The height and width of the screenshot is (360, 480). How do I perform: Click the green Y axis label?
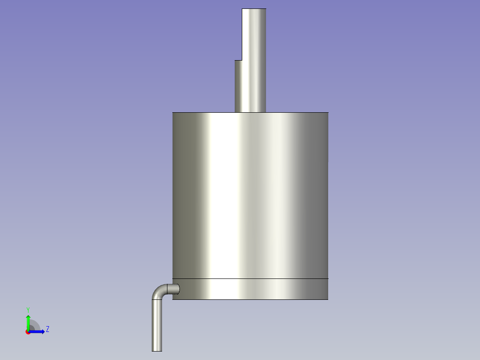28,309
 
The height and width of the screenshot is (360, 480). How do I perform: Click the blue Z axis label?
47,329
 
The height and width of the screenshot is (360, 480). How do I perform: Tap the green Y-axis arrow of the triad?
28,321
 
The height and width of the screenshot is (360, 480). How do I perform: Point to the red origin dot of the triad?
28,332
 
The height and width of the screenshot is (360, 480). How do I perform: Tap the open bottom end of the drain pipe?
157,351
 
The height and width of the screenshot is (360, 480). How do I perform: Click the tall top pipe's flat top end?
254,9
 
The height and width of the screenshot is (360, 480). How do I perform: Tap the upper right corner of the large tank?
328,113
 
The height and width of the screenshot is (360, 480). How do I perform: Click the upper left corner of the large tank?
173,113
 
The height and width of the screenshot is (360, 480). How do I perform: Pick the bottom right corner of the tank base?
328,299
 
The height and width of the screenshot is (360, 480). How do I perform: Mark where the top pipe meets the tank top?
250,112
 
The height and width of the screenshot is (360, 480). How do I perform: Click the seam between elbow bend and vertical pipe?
157,299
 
